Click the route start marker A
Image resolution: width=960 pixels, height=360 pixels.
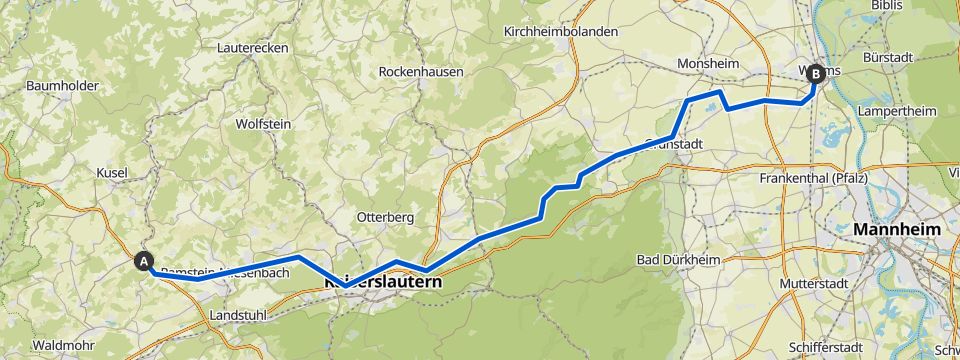pyautogui.click(x=145, y=261)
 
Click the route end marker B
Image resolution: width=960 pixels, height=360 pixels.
pyautogui.click(x=815, y=73)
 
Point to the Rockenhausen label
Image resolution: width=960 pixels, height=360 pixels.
pyautogui.click(x=419, y=72)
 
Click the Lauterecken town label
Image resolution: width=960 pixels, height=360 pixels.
pyautogui.click(x=253, y=47)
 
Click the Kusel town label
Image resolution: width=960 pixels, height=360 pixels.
pyautogui.click(x=111, y=173)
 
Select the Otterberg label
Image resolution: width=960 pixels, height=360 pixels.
pyautogui.click(x=385, y=217)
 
